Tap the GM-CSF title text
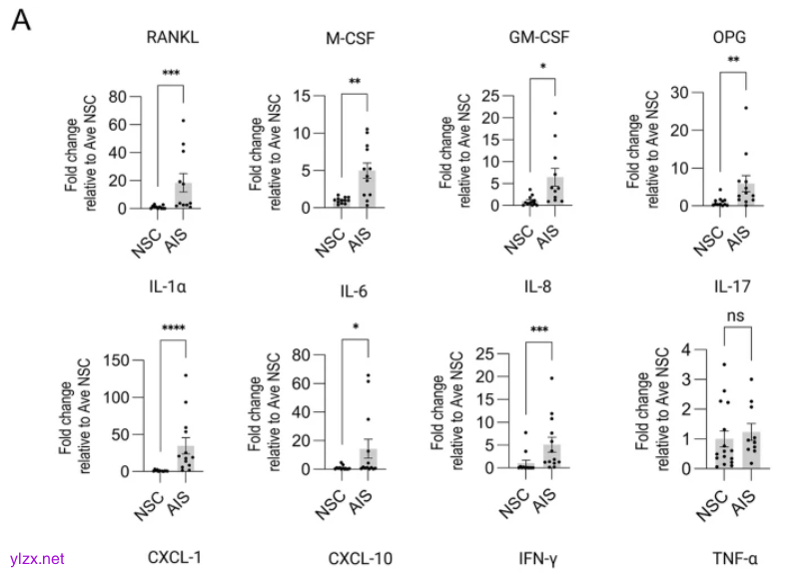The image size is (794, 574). click(x=539, y=40)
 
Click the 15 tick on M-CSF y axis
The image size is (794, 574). click(x=307, y=95)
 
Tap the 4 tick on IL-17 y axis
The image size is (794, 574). click(x=685, y=348)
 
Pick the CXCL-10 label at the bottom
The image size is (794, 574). click(x=361, y=554)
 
